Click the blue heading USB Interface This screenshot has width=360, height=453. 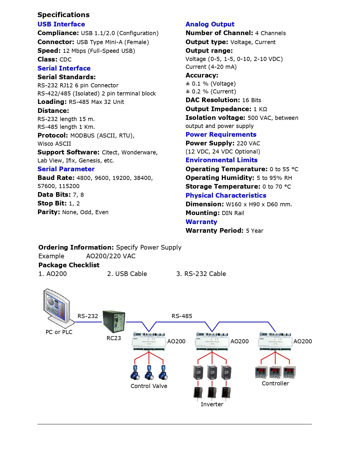(61, 24)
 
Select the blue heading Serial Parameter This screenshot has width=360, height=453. (66, 169)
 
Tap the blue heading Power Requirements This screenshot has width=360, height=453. (221, 135)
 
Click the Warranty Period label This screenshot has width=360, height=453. (215, 231)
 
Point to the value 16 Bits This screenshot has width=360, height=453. (252, 100)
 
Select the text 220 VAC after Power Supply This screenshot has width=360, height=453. (248, 143)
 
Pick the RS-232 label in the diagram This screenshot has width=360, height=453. (88, 316)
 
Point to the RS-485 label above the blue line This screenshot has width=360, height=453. (182, 316)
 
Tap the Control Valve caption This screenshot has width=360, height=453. (149, 386)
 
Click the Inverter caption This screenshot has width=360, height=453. (212, 404)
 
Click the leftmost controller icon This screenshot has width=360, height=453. (261, 372)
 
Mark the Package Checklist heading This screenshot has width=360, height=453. (69, 265)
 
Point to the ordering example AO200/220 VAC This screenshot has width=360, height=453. (111, 256)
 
